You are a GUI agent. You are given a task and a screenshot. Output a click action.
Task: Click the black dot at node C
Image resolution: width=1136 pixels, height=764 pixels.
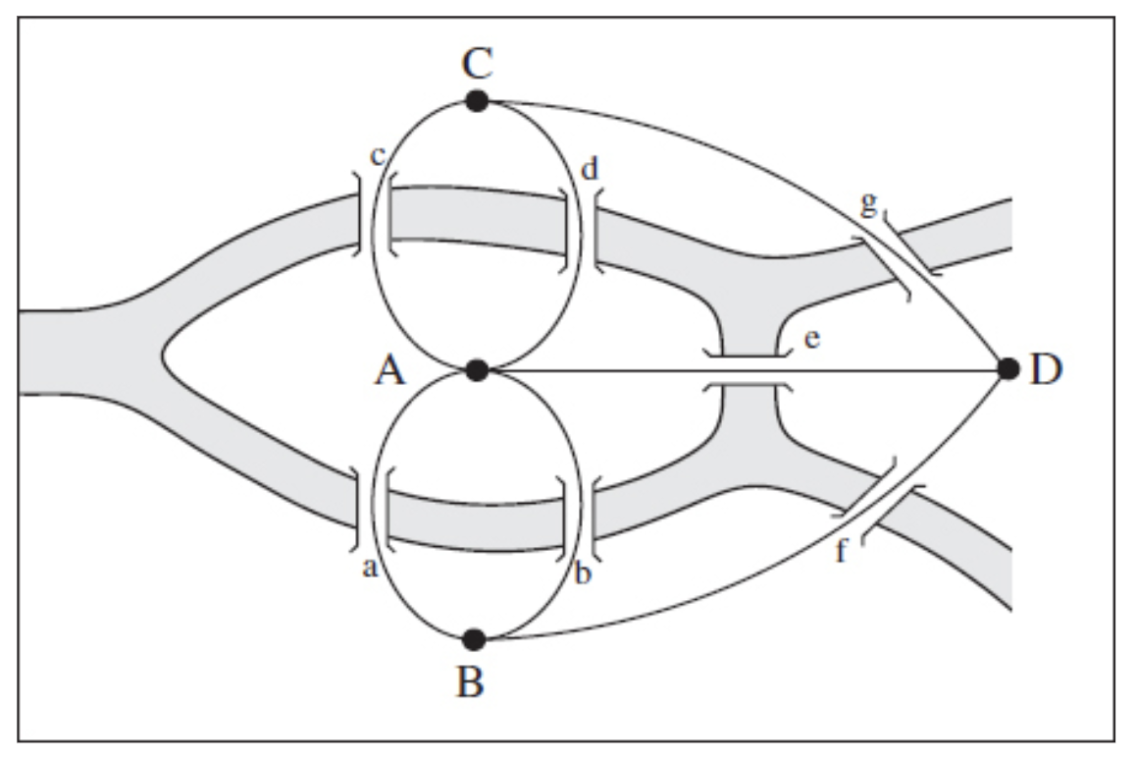coord(477,100)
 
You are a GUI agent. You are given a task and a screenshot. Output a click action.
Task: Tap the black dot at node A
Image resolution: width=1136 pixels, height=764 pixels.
coord(477,370)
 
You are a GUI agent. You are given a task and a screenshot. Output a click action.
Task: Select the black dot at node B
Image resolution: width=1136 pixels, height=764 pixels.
coord(475,639)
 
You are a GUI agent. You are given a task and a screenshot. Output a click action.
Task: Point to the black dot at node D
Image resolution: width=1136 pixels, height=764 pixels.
coord(1007,369)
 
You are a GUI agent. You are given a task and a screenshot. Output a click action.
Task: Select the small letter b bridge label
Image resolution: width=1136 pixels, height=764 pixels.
coord(583,573)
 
